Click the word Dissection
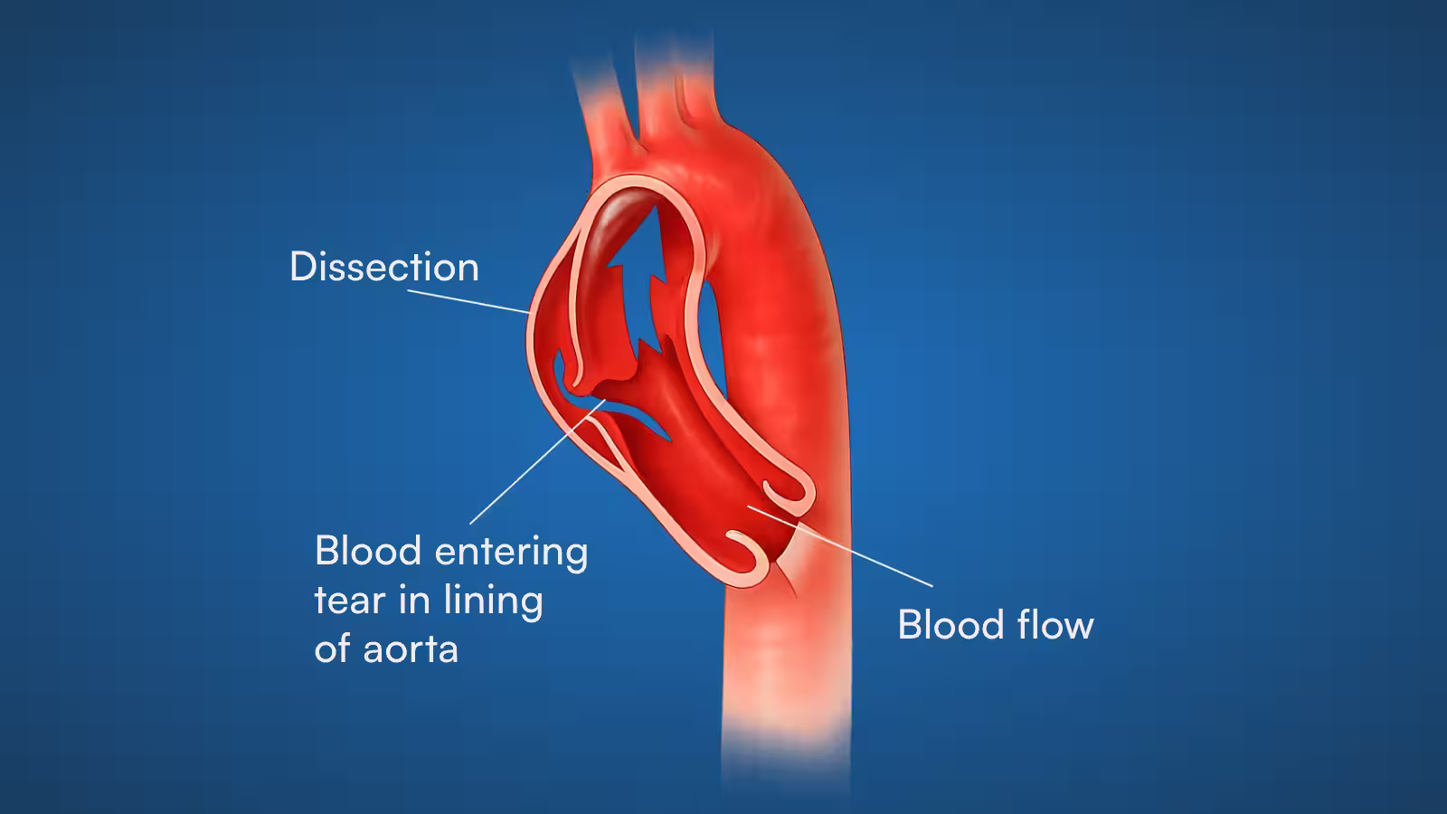click(x=383, y=267)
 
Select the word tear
click(x=352, y=601)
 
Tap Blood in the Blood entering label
click(x=368, y=551)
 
